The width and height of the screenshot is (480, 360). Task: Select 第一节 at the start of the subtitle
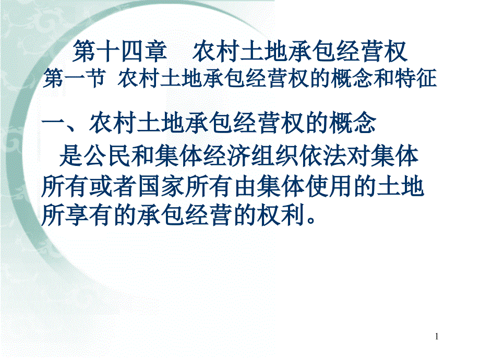point(75,78)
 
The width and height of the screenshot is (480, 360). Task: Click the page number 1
point(437,337)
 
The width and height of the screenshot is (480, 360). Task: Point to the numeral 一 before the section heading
point(53,124)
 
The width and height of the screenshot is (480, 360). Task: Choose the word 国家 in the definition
point(161,186)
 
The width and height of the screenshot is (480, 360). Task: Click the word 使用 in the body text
point(329,186)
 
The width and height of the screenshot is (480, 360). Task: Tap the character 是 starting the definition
point(71,156)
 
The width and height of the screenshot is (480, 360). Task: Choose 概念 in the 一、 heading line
point(352,124)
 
